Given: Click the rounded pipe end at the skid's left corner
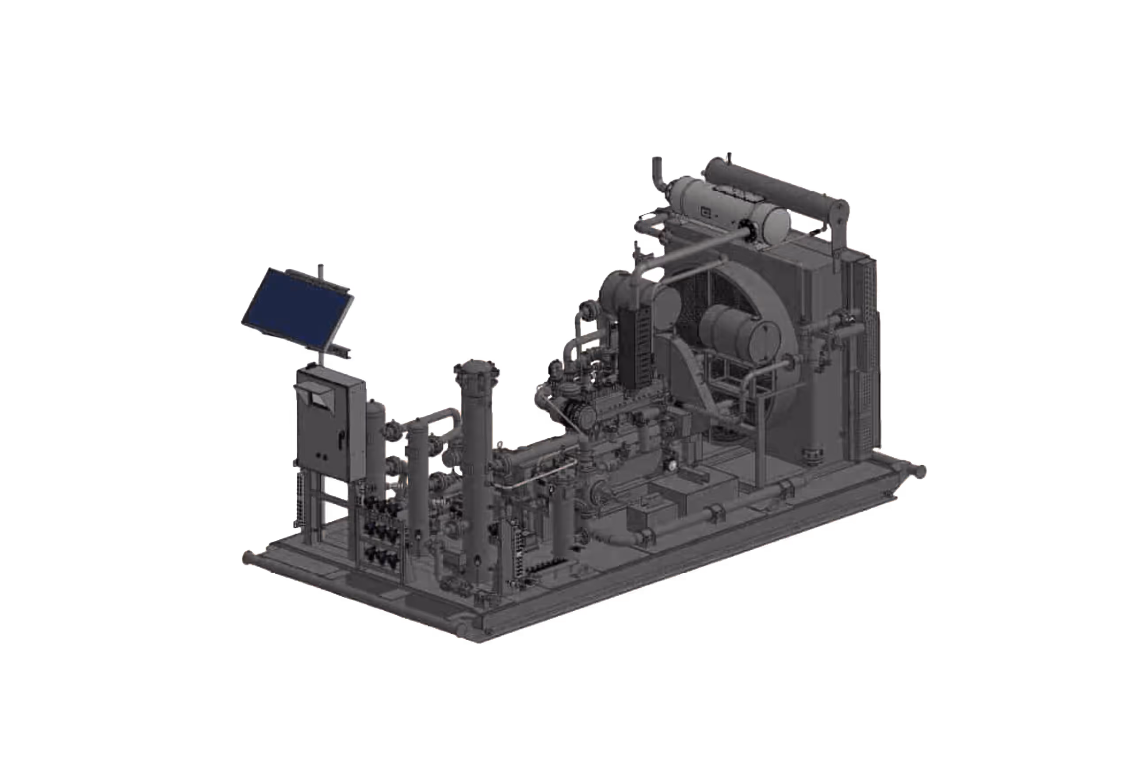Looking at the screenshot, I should coord(247,557).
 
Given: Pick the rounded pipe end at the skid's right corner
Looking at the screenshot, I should coord(920,471).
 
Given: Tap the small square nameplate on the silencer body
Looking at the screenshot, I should coord(705,212).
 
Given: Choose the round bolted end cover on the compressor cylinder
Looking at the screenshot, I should coord(585,415).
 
